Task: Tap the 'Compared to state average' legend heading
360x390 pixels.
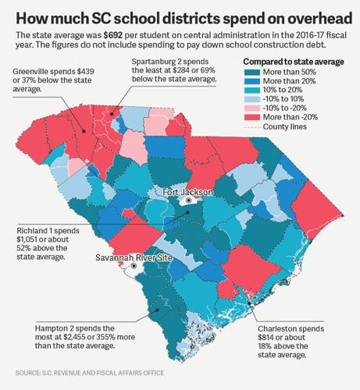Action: pos(293,83)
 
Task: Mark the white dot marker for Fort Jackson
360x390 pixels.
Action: pos(188,200)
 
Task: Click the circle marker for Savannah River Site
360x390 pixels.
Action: pos(134,266)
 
